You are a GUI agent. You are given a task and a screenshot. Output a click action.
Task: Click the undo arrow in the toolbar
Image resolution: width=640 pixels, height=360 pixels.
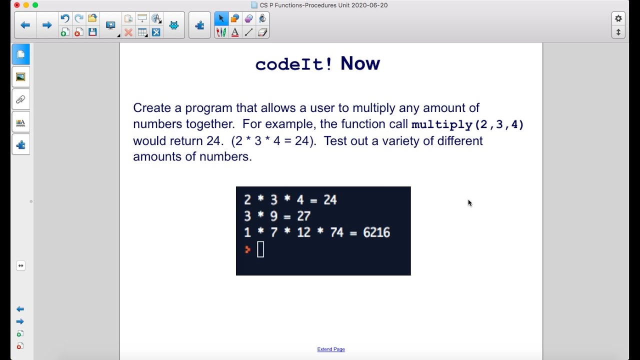(x=64, y=18)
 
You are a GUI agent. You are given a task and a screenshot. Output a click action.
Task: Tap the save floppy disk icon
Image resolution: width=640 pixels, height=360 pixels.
(x=92, y=32)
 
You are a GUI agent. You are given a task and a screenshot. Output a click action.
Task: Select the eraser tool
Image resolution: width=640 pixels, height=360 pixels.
(x=263, y=32)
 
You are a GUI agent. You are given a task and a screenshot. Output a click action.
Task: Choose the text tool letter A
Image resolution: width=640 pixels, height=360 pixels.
(x=235, y=32)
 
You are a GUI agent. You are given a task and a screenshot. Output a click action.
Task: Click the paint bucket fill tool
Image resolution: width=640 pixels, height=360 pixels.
(x=262, y=18)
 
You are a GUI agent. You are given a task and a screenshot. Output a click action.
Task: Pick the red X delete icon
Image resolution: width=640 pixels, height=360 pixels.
(x=128, y=32)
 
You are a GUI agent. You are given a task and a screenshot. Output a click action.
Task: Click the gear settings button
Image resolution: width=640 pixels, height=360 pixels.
(x=618, y=18)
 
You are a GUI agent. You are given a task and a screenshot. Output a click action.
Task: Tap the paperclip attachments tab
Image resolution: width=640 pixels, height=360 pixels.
(x=20, y=99)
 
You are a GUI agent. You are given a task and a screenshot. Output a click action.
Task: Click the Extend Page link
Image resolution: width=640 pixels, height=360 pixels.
(x=331, y=349)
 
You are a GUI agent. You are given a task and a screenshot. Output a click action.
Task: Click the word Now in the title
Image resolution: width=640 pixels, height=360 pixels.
(x=360, y=63)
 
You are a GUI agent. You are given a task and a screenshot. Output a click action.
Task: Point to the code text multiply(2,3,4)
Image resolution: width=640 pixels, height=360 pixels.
(x=467, y=124)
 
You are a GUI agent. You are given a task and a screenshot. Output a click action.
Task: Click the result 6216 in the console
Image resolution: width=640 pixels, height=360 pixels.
(x=376, y=232)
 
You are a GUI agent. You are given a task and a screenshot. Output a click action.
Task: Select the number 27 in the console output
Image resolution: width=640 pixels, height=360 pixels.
(x=303, y=216)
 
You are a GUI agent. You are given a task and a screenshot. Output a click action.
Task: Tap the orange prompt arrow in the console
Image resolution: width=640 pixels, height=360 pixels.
(x=247, y=249)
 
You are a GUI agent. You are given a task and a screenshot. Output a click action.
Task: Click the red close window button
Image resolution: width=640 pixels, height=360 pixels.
(x=16, y=5)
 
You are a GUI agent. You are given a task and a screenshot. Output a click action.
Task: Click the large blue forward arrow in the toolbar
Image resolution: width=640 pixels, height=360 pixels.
(x=47, y=25)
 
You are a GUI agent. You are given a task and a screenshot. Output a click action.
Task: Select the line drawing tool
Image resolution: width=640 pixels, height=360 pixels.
(x=249, y=32)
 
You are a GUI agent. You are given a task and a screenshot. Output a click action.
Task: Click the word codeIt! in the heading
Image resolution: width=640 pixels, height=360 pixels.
(x=293, y=64)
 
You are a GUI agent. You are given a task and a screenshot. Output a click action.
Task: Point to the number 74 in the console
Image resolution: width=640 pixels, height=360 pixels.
(x=336, y=232)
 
